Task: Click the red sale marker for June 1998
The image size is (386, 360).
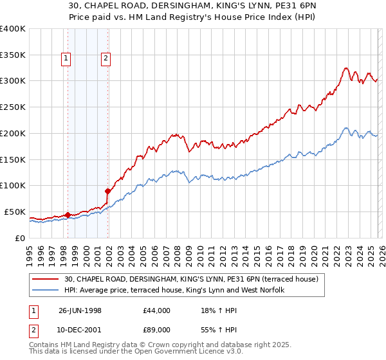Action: click(x=68, y=215)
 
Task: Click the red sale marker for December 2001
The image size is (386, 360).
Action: click(x=107, y=191)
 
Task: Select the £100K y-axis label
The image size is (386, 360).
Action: click(x=13, y=185)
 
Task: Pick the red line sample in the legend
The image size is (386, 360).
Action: click(x=46, y=279)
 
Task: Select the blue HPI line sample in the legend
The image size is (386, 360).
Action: click(x=46, y=291)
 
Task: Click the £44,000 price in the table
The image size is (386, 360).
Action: click(x=157, y=310)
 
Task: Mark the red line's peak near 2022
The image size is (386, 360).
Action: click(x=346, y=67)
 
